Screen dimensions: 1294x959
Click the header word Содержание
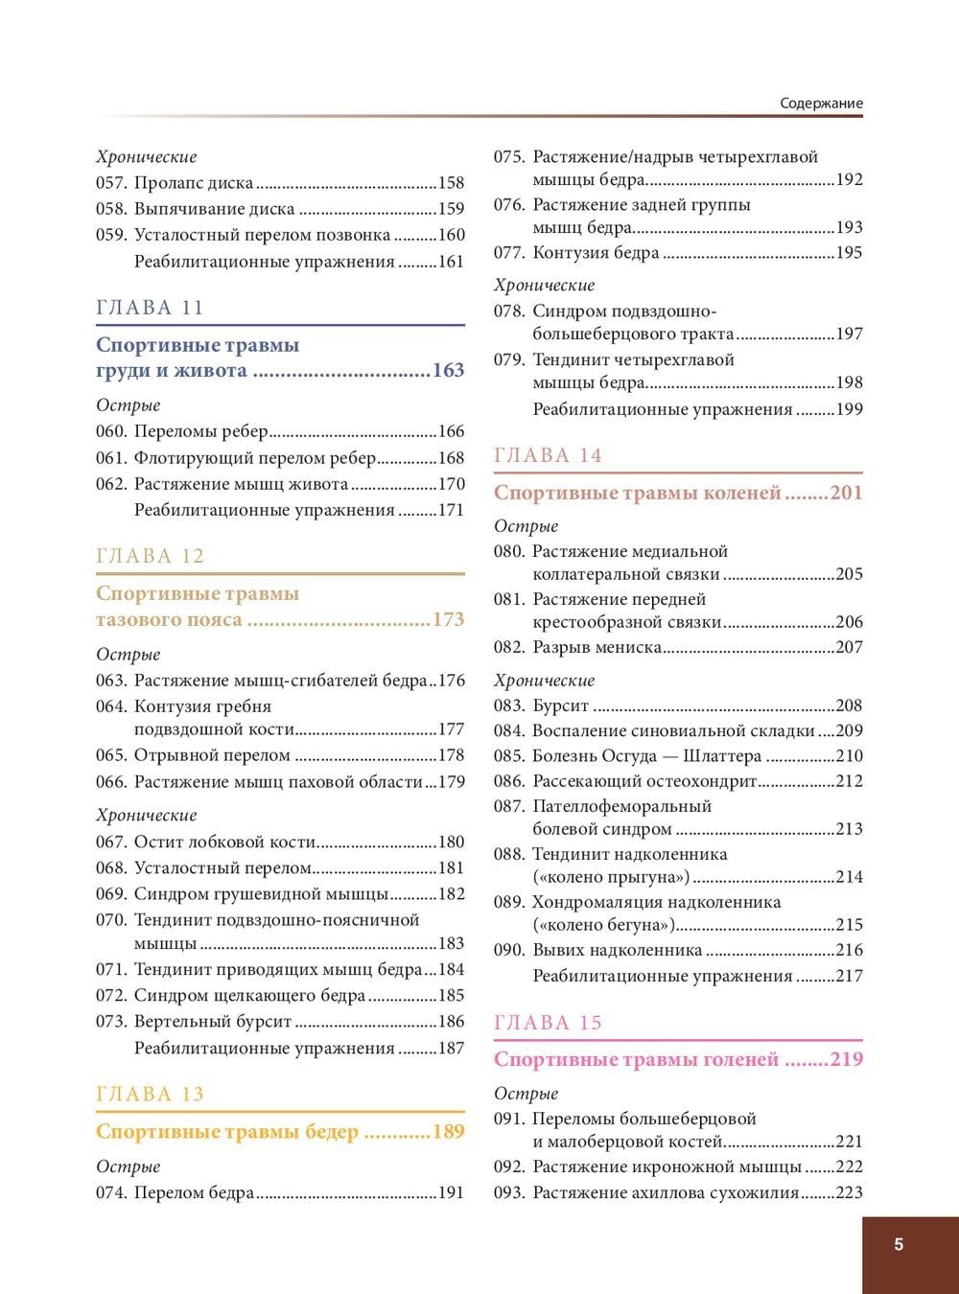(821, 104)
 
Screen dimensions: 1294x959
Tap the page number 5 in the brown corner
(899, 1245)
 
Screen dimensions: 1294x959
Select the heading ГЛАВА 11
(151, 308)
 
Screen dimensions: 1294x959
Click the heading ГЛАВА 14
(549, 456)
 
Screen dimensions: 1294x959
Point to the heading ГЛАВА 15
(549, 1023)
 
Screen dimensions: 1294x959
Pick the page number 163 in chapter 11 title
(448, 371)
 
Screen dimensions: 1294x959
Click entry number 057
(111, 183)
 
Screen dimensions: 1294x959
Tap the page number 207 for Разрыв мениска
(849, 647)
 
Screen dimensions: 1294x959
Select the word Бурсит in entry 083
(561, 706)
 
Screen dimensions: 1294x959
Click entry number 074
(111, 1193)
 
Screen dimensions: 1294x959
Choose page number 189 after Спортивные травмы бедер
(448, 1132)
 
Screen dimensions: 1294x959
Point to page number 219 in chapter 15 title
(846, 1060)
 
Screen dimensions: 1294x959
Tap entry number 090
(509, 951)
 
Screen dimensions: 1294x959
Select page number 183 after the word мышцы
(451, 943)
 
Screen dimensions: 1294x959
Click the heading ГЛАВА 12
(151, 557)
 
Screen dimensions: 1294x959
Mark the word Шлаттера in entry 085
(723, 756)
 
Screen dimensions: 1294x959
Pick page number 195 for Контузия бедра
(849, 253)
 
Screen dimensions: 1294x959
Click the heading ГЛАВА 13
(151, 1095)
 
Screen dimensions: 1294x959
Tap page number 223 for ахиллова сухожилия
(849, 1193)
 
